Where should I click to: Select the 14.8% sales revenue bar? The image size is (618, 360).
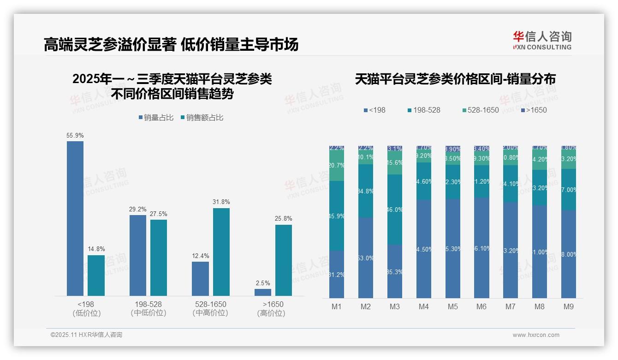96,276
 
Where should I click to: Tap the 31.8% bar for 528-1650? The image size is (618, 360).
221,252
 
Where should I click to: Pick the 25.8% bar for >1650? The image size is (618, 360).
284,260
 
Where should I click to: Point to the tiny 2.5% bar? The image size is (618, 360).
263,292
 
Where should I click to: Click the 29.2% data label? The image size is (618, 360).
138,210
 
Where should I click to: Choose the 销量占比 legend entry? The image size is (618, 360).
156,118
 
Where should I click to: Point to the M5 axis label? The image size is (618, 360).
452,306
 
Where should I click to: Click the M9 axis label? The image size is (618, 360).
569,306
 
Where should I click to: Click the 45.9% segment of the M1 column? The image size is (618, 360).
337,216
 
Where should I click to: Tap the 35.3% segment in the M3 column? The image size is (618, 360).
395,271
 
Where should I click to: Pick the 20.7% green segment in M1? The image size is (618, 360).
337,165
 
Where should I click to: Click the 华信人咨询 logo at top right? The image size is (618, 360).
542,40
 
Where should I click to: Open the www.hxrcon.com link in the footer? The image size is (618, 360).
536,335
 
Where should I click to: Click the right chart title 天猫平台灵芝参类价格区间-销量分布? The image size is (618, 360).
455,79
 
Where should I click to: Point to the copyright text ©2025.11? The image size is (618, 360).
86,335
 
